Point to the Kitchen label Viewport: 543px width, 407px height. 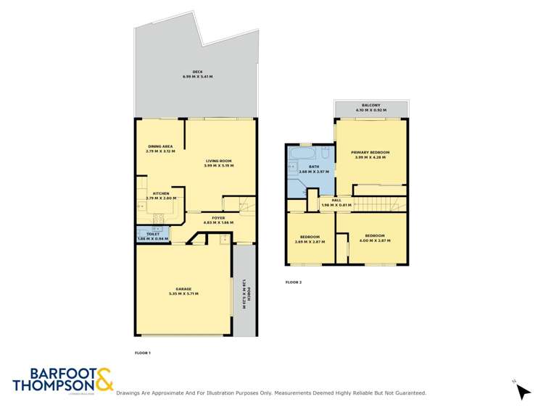point(160,195)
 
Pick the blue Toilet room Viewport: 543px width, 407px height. point(152,235)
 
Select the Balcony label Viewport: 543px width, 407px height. point(370,107)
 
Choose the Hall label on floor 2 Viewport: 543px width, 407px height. point(336,202)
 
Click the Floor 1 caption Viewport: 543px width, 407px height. point(143,353)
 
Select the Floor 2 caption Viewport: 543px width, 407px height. point(294,282)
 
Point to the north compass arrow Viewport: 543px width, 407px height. point(522,390)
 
